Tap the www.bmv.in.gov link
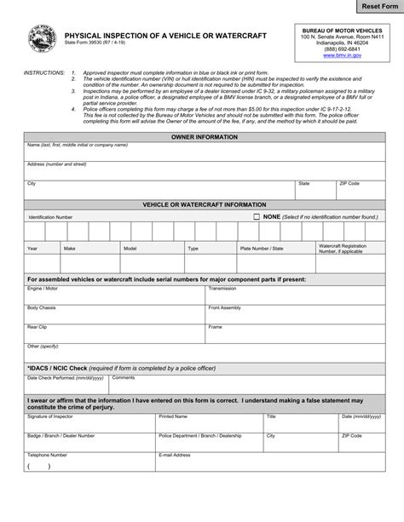point(342,54)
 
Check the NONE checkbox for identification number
point(257,217)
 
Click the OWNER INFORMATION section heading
point(205,136)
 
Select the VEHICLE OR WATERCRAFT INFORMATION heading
point(205,205)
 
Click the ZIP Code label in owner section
point(349,183)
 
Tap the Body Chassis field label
point(42,307)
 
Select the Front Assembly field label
point(225,307)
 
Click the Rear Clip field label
point(37,327)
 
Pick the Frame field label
point(216,327)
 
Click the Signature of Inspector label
point(50,417)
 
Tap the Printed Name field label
point(173,417)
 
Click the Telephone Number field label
point(47,455)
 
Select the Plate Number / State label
point(262,249)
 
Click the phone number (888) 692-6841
point(342,49)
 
